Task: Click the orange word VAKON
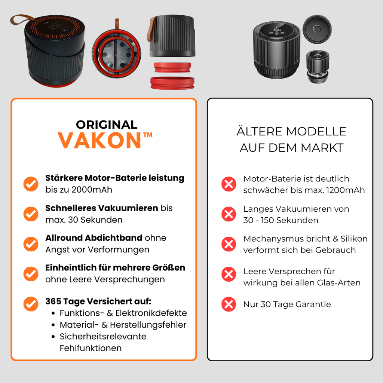click(99, 141)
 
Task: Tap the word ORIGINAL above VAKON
click(107, 125)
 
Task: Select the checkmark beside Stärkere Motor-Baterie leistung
click(31, 184)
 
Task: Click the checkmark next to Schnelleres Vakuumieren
click(31, 214)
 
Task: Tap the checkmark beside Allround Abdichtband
click(31, 244)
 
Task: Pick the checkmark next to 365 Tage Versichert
click(31, 304)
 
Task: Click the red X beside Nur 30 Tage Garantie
click(229, 304)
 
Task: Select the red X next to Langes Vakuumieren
click(229, 214)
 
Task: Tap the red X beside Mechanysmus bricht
click(229, 244)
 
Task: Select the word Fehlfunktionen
click(91, 348)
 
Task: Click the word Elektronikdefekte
click(151, 313)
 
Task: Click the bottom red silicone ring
click(172, 83)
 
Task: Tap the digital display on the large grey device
click(277, 31)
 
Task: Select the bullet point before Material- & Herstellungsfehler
click(53, 325)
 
